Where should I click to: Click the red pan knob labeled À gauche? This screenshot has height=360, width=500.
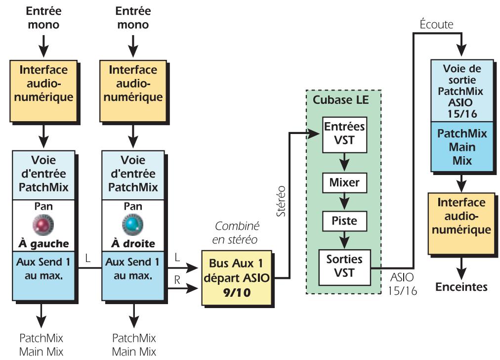43,224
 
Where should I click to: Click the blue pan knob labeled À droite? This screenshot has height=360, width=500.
131,224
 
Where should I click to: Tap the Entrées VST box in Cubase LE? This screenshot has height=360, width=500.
344,134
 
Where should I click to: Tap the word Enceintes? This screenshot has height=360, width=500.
461,287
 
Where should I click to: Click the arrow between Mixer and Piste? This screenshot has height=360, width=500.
344,202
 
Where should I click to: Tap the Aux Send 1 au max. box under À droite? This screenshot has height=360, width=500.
131,274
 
